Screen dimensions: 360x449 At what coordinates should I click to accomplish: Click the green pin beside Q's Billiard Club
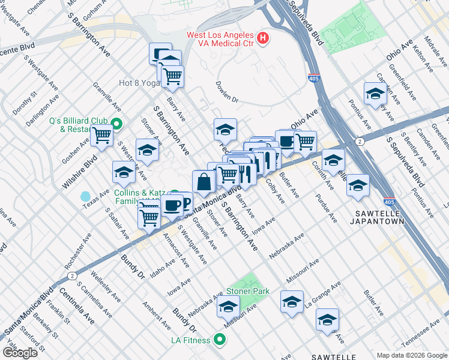116,125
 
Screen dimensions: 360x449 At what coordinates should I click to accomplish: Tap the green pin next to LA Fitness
220,340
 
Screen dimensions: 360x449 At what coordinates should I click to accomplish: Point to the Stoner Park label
247,292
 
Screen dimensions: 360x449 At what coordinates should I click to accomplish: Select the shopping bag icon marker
203,182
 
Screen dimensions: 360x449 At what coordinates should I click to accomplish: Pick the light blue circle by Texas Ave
85,197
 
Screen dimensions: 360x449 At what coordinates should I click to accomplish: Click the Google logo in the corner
20,353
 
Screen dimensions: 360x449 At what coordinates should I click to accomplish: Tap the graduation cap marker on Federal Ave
225,130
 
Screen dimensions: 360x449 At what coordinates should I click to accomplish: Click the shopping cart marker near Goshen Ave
101,136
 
